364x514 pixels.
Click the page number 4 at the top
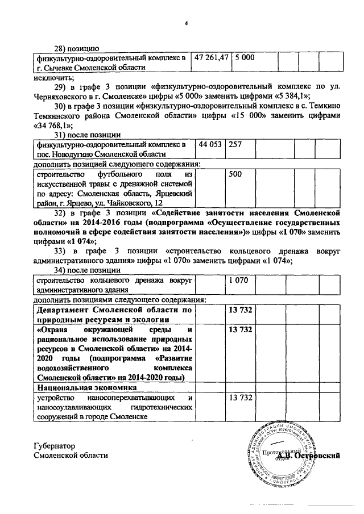point(185,23)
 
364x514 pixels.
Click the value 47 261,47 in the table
point(211,57)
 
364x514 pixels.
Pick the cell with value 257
point(235,144)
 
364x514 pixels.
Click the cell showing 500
point(235,175)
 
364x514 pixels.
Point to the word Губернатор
point(55,446)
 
